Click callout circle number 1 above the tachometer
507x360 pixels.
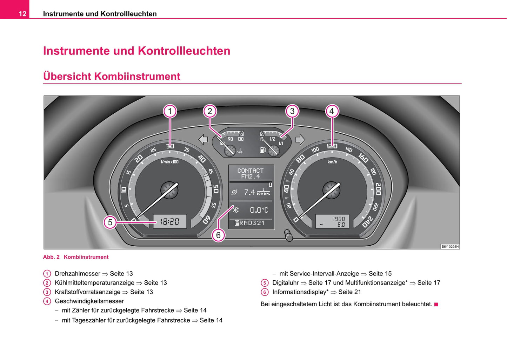[x=170, y=112]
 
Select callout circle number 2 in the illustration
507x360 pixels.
[x=210, y=112]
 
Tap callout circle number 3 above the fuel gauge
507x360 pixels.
[x=292, y=112]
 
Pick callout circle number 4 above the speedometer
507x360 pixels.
[x=332, y=112]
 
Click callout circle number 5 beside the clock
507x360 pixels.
[x=110, y=222]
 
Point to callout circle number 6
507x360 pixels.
[x=218, y=235]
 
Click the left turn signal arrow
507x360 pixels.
[x=204, y=140]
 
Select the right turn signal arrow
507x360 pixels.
[x=300, y=140]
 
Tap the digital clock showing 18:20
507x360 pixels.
[x=170, y=221]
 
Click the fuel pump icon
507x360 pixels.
[x=263, y=150]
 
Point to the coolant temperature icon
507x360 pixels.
[x=240, y=150]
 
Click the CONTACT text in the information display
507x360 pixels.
[x=250, y=171]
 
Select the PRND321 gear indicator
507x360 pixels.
[x=249, y=223]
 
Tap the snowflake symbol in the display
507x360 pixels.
[x=236, y=210]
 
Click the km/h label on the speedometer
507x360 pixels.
[x=332, y=162]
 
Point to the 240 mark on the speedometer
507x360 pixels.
[x=368, y=222]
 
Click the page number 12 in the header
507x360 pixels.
[x=22, y=14]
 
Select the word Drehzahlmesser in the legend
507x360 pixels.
[x=78, y=273]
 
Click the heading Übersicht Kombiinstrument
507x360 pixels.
[x=112, y=76]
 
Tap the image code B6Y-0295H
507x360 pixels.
[x=450, y=247]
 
